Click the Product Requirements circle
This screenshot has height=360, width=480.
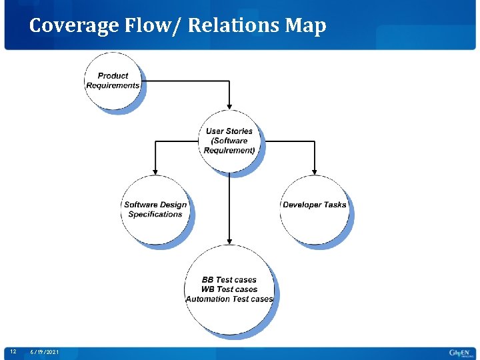pyautogui.click(x=113, y=81)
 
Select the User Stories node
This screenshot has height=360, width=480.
pyautogui.click(x=229, y=141)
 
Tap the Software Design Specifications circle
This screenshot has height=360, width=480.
pyautogui.click(x=155, y=209)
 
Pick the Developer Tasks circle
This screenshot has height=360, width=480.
pyautogui.click(x=314, y=209)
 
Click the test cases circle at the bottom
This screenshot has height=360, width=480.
pyautogui.click(x=229, y=289)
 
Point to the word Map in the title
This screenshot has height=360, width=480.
pyautogui.click(x=305, y=26)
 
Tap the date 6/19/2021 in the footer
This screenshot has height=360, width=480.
pyautogui.click(x=45, y=352)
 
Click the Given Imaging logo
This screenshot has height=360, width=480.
pyautogui.click(x=459, y=352)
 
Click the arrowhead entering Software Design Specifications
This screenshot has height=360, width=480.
pyautogui.click(x=155, y=171)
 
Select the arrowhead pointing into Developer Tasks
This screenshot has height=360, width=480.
pyautogui.click(x=314, y=171)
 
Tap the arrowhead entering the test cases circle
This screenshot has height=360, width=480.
pyautogui.click(x=229, y=241)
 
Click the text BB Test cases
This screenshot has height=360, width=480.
pyautogui.click(x=229, y=280)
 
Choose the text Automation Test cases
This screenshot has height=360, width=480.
pyautogui.click(x=229, y=299)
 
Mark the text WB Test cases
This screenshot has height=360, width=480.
pyautogui.click(x=229, y=289)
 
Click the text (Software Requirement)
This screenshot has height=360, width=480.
pyautogui.click(x=229, y=146)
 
